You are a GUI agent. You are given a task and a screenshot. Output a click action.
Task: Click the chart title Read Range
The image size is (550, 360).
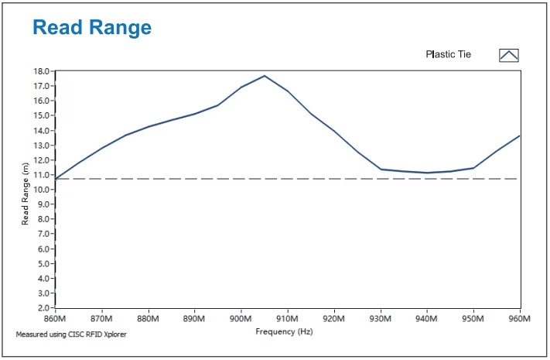tap(92, 28)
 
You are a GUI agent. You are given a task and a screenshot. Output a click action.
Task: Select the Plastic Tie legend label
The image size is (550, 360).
tap(449, 54)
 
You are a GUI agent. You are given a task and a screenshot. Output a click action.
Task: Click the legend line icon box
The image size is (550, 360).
tap(508, 56)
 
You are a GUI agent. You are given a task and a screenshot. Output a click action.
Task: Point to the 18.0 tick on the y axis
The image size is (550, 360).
tap(42, 71)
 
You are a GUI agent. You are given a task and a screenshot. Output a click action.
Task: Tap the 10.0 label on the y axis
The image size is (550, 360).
tap(42, 190)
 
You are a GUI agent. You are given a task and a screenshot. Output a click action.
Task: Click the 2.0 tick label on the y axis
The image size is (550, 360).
tap(43, 308)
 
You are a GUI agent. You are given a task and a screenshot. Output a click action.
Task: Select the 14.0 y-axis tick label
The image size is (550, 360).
tap(42, 131)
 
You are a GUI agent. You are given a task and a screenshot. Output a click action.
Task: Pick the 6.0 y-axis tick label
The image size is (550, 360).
tap(43, 249)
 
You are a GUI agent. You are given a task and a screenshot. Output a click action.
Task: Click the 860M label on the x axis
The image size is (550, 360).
tap(55, 318)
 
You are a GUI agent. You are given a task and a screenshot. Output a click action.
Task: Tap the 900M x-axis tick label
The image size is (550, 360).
tap(241, 318)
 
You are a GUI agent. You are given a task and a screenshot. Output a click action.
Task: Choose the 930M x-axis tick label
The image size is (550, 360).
tap(381, 318)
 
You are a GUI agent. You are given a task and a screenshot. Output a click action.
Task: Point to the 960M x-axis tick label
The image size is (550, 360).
tap(520, 318)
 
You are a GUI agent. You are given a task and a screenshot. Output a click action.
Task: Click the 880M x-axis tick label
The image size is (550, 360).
tap(148, 318)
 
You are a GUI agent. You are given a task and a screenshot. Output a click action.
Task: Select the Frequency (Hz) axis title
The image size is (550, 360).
tap(284, 331)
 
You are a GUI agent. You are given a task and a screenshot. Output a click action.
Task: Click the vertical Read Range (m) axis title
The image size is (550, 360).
tap(25, 194)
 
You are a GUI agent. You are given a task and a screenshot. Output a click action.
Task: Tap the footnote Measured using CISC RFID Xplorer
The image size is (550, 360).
tap(71, 334)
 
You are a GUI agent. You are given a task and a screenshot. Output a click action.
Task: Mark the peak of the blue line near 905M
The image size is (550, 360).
tap(265, 76)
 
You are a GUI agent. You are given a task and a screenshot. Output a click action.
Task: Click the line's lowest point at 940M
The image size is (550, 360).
tap(427, 173)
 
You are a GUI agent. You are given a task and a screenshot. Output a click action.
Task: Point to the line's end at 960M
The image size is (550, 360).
tap(520, 135)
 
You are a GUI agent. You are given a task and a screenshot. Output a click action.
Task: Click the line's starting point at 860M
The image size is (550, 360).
tap(56, 179)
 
